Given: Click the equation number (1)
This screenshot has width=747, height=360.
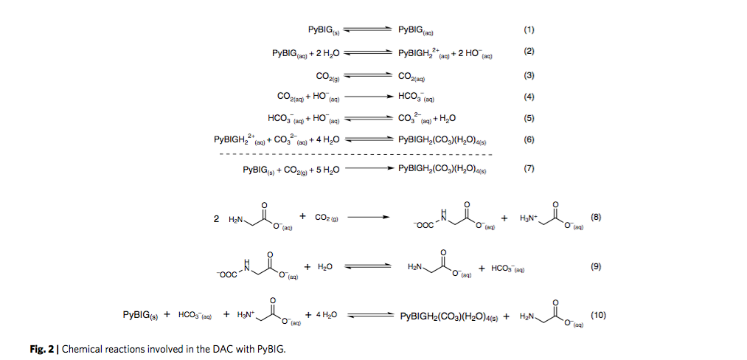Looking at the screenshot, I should [528, 30].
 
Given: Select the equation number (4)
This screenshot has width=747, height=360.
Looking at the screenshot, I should [528, 96].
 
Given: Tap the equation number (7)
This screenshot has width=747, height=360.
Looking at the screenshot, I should [528, 168].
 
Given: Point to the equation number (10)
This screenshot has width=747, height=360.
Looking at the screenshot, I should [598, 315].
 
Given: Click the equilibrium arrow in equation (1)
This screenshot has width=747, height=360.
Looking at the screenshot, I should [366, 30].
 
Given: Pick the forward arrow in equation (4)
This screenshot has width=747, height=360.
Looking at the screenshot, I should [366, 96].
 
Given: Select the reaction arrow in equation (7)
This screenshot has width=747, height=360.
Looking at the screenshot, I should [366, 168].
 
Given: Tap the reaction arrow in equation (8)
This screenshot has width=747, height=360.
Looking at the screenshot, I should [368, 218].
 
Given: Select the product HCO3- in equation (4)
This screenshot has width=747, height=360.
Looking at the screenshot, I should [416, 96].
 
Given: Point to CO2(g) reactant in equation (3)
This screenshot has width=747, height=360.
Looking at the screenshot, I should [327, 75].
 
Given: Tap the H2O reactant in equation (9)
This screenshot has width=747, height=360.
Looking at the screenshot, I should [325, 267].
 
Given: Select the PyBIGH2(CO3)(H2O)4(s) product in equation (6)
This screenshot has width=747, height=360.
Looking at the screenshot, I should [442, 139].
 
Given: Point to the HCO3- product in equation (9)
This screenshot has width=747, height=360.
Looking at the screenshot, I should [507, 269].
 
